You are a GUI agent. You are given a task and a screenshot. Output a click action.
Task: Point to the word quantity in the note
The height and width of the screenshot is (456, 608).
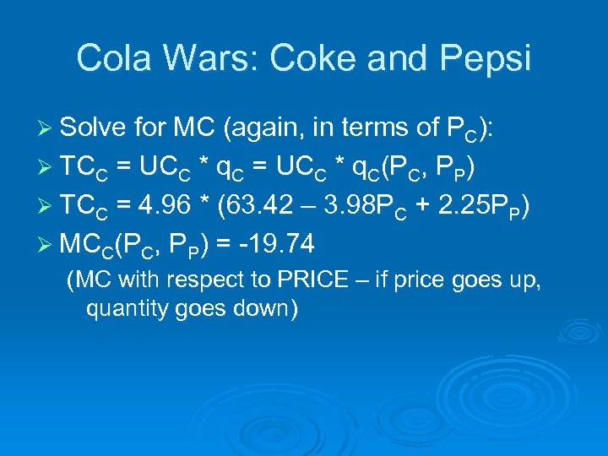(124, 309)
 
